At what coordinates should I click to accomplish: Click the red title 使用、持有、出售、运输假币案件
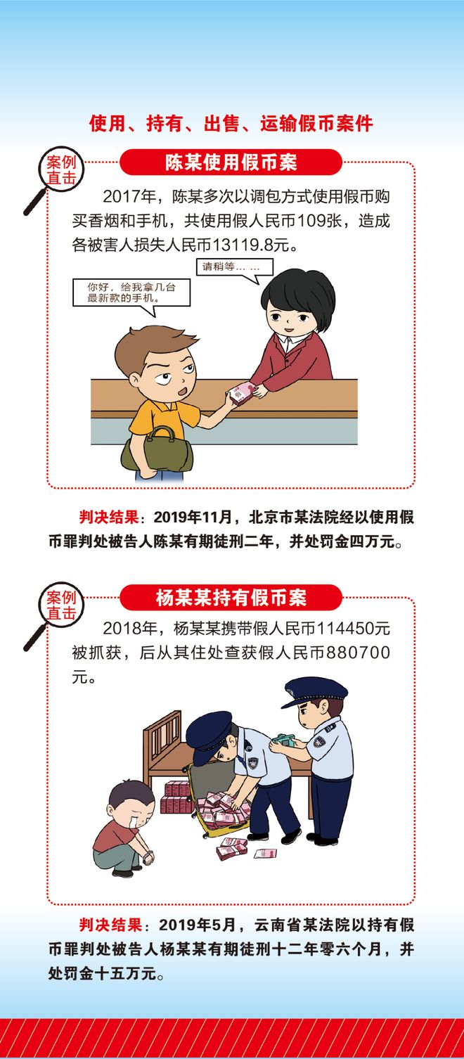231,124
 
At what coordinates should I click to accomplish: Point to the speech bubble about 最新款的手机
131,292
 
